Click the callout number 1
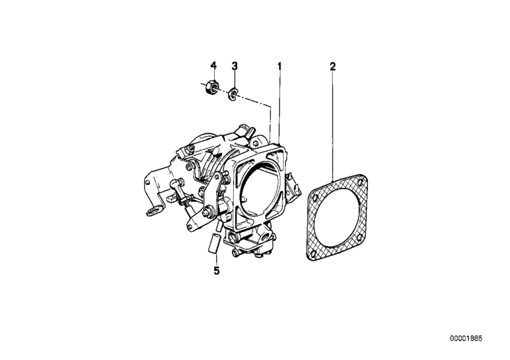tap(279, 66)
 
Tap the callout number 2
tap(332, 67)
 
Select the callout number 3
tap(235, 66)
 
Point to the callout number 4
tap(214, 66)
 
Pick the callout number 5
tap(217, 270)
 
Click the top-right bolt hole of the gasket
tap(360, 182)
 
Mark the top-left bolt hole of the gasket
tap(314, 197)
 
